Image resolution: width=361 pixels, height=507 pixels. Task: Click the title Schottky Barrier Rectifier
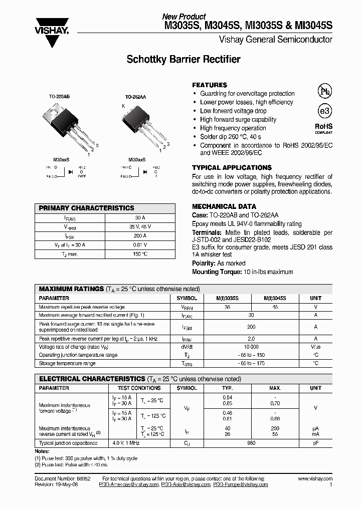tap(183, 60)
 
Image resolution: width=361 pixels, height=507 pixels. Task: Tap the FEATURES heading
tap(210, 85)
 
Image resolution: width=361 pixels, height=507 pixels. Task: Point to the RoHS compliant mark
tap(323, 128)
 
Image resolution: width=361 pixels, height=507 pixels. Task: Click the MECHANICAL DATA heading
tap(224, 206)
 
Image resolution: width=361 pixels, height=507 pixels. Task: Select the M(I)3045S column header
tap(275, 298)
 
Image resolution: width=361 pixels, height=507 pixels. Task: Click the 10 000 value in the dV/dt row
tap(251, 346)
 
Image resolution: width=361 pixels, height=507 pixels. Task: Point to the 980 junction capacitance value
tap(251, 443)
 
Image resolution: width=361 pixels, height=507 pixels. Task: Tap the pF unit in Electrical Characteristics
tap(315, 443)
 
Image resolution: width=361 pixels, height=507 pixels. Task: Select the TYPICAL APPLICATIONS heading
tap(232, 168)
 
